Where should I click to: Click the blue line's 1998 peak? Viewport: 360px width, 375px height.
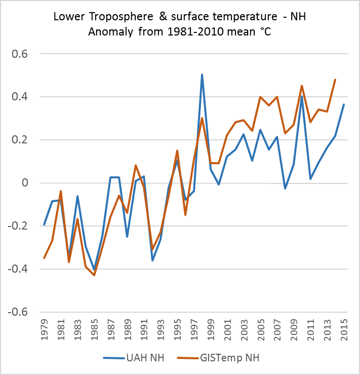coord(202,74)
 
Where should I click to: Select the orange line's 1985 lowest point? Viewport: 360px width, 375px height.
coord(94,275)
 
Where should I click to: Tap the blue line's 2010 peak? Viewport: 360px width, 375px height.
coord(302,96)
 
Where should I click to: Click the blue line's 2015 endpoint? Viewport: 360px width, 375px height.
coord(343,104)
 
